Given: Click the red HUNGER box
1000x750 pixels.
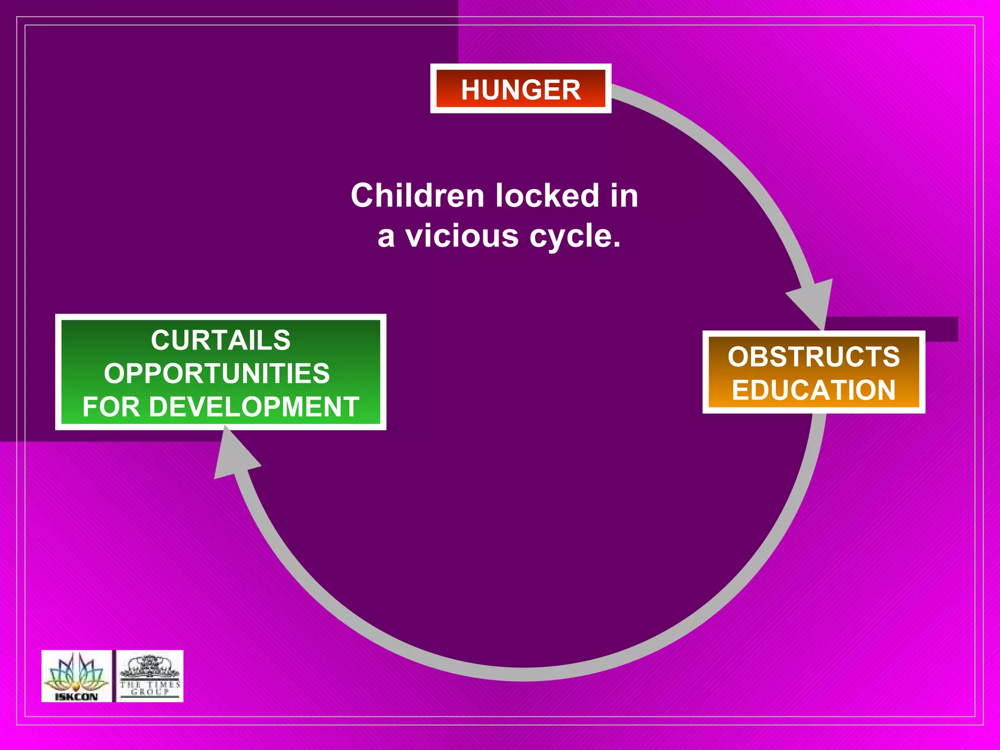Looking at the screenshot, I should pos(521,89).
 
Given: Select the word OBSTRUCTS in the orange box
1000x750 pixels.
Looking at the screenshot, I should pos(813,356).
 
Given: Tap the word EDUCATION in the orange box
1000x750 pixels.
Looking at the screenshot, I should pos(813,390).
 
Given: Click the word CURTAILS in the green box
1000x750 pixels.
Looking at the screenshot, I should pos(221,340).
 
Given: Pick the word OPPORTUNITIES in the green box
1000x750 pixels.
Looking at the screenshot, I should pos(217,374).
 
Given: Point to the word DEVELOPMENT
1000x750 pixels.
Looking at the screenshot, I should pos(254,407).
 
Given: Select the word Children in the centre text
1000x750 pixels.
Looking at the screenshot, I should pos(417,195).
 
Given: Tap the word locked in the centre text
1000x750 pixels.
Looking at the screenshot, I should pos(547,195).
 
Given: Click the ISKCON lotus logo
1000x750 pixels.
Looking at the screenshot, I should pos(76,672).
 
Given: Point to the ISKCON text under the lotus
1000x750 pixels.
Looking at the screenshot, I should pos(76,696).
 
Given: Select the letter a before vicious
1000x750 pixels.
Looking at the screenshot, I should pos(386,237).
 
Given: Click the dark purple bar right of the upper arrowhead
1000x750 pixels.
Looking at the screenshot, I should pos(894,329).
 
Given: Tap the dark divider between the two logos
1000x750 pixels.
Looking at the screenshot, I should pos(114,676).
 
